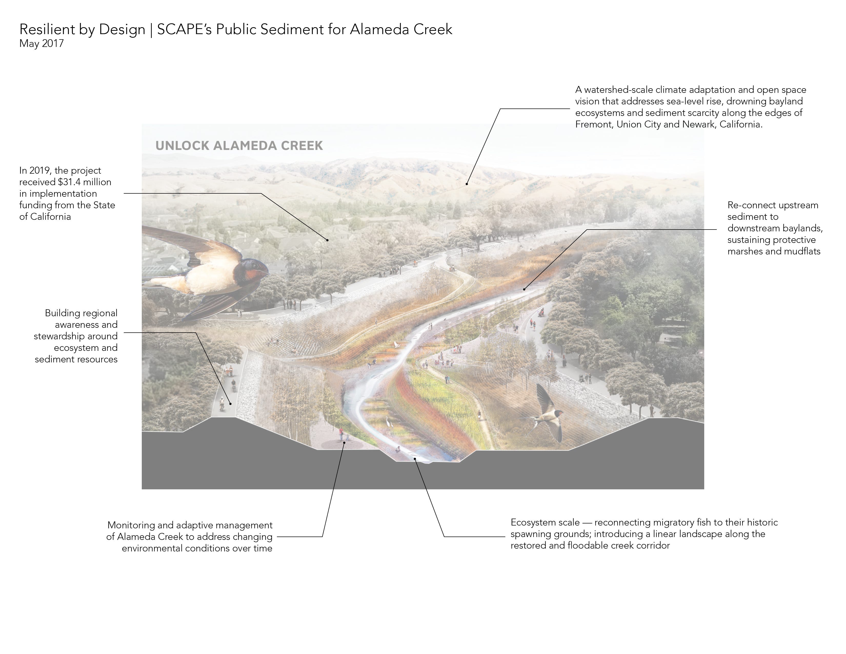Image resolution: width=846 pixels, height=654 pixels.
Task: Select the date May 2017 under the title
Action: point(42,43)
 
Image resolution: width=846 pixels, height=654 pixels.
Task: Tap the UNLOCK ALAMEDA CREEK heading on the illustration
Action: point(239,146)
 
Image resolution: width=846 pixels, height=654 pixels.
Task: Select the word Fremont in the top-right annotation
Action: point(594,124)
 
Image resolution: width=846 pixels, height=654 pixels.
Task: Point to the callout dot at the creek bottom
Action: point(415,459)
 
